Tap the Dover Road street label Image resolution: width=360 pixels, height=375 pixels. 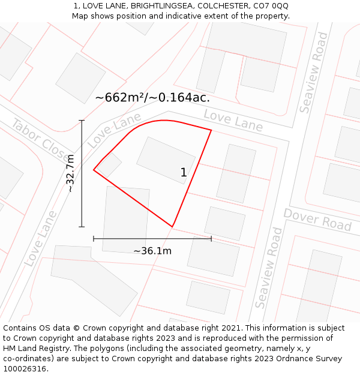pos(317,220)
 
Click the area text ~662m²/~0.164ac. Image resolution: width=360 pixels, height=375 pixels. pos(152,97)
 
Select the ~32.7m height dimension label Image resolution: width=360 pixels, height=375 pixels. pos(70,173)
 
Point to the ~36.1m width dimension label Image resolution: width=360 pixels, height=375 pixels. pos(152,251)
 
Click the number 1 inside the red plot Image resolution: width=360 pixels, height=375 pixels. pos(184,173)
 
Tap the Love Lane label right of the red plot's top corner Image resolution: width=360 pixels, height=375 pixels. pos(233,120)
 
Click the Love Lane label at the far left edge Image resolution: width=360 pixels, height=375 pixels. pos(41,239)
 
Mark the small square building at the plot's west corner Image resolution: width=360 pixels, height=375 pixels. pos(110,165)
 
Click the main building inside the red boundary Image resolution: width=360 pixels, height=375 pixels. pos(166,160)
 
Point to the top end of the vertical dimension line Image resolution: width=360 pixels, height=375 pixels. pos(82,121)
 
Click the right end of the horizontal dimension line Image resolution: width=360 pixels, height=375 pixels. pos(211,239)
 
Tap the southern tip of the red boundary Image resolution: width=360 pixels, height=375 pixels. pos(173,227)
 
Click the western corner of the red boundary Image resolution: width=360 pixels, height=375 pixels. pos(94,170)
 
